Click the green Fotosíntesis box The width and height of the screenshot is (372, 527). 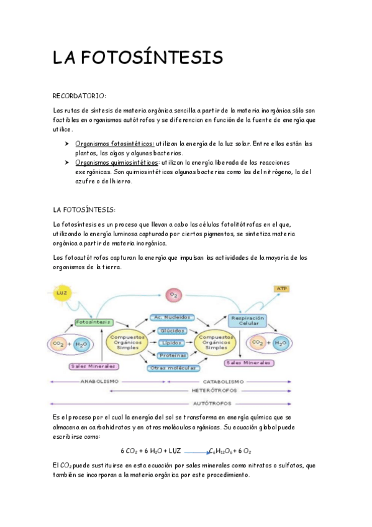[93, 322]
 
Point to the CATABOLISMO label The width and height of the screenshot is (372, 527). [217, 382]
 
